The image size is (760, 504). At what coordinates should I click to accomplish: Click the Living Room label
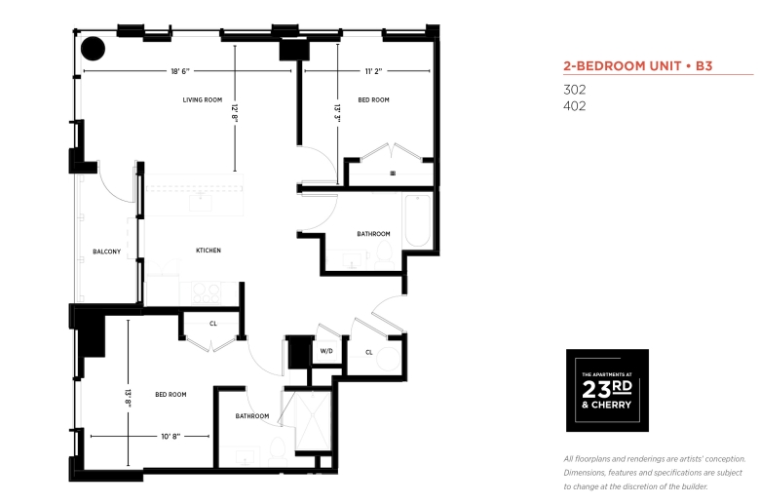202,100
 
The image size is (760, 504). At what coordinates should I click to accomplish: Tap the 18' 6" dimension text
180,71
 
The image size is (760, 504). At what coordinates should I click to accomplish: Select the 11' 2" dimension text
373,71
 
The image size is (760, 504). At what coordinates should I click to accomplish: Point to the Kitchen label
209,251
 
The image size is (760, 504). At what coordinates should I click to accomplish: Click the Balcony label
106,252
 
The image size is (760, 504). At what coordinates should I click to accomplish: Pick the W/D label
326,351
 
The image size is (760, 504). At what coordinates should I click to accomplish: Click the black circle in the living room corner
94,49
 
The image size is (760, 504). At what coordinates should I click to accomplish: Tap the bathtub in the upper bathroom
417,220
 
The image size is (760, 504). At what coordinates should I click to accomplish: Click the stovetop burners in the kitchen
207,292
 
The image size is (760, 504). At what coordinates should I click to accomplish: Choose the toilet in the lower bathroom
278,451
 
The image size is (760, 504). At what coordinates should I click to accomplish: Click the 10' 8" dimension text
171,436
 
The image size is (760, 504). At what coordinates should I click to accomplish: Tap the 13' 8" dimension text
128,398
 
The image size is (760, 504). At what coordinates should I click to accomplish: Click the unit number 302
574,90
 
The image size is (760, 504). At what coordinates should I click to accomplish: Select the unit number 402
574,106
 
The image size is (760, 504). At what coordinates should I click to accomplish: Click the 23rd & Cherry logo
607,390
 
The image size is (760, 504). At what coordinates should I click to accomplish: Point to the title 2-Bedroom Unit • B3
638,66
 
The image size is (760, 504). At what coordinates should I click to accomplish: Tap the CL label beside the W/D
369,352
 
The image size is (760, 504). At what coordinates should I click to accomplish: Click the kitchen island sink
200,200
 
